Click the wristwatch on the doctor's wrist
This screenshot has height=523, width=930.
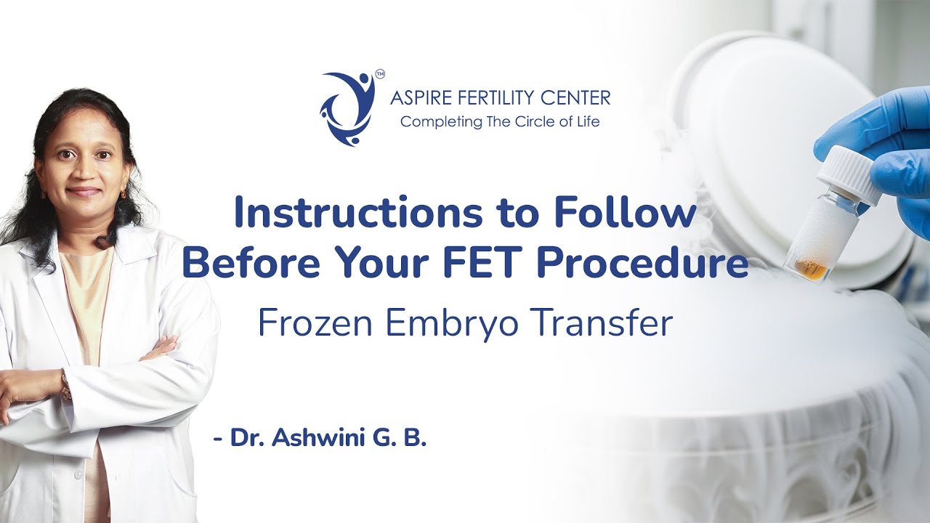pyautogui.click(x=66, y=385)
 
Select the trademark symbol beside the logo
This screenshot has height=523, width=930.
pyautogui.click(x=380, y=73)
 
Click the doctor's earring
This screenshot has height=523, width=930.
pyautogui.click(x=124, y=194)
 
